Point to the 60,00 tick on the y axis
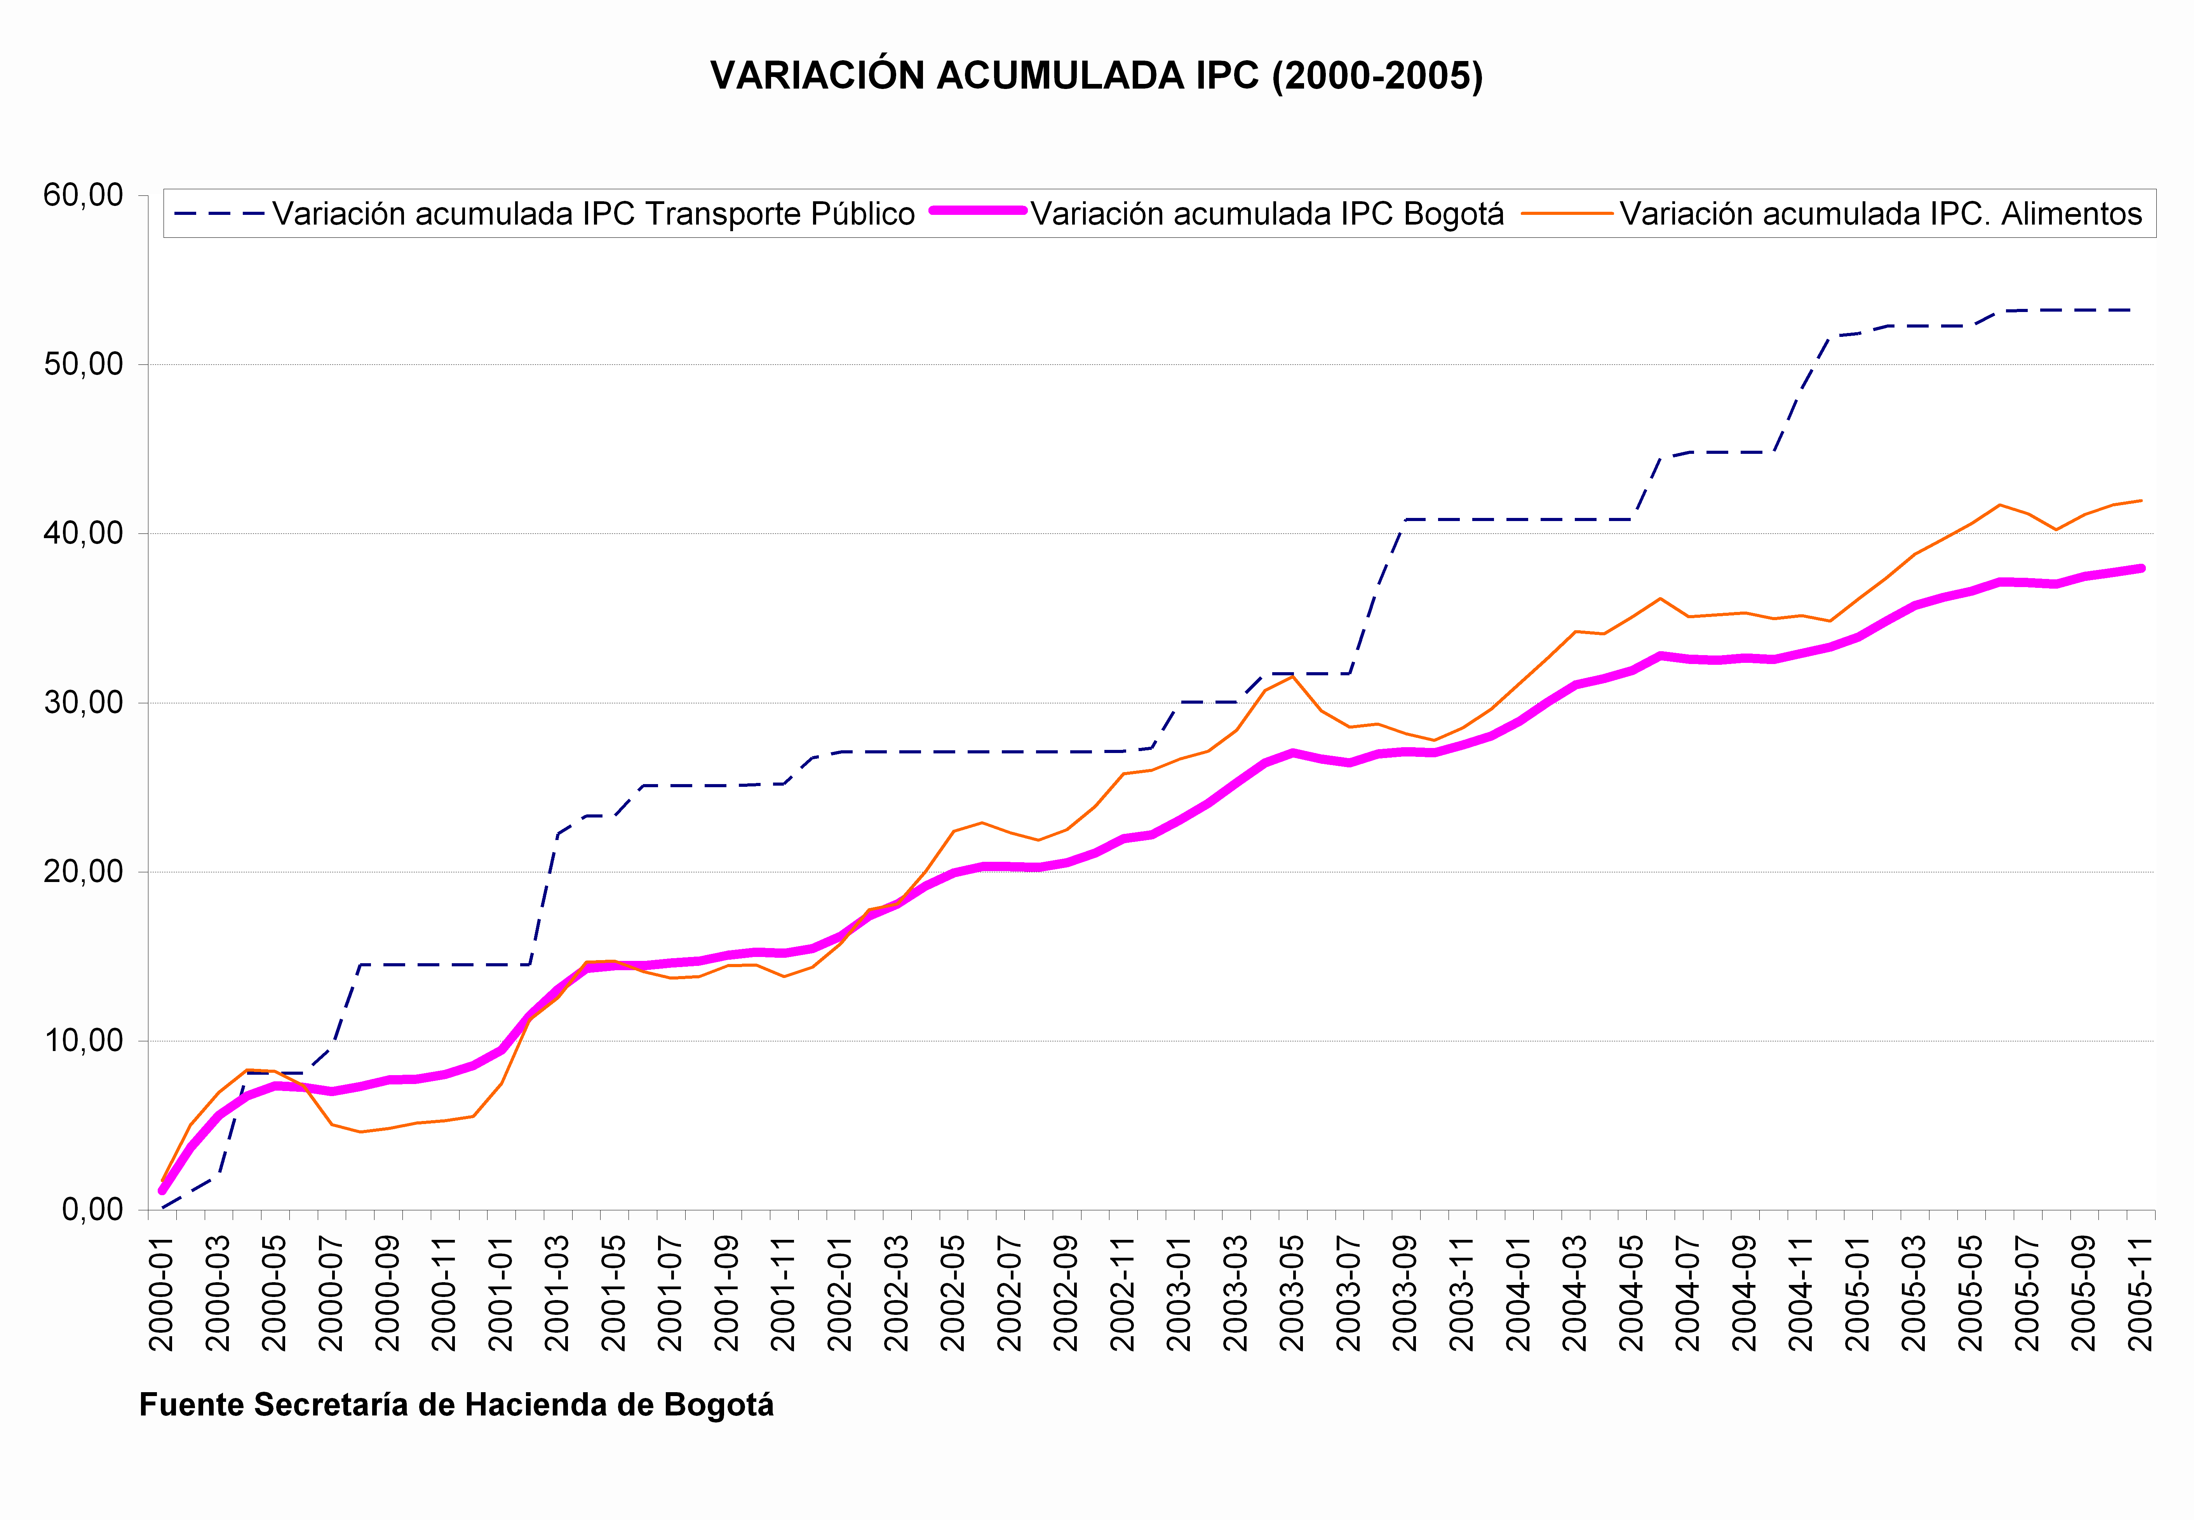[x=84, y=195]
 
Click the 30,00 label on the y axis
[x=84, y=703]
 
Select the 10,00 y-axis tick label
[x=84, y=1041]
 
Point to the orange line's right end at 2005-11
[x=2141, y=500]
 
